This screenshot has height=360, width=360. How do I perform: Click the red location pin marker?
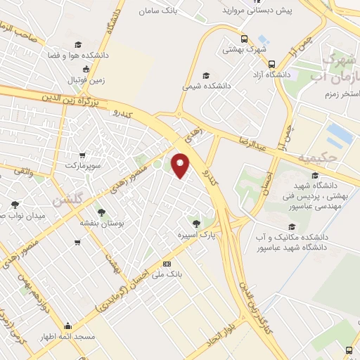181,165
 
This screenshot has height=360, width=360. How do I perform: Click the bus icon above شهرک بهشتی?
244,39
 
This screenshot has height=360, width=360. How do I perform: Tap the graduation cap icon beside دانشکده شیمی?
205,75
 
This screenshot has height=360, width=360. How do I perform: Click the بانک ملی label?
167,274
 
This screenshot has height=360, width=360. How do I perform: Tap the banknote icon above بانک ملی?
167,264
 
